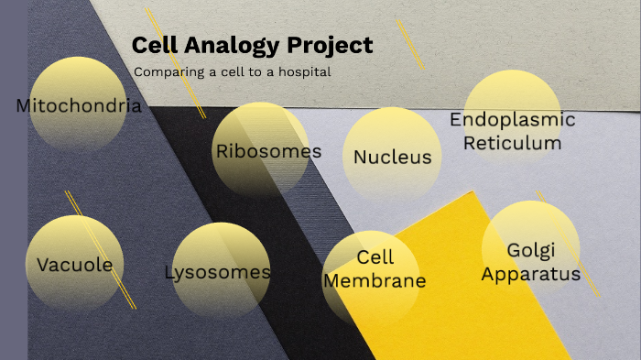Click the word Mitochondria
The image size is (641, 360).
click(x=79, y=105)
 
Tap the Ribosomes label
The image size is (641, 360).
click(x=268, y=151)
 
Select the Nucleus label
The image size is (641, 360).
click(x=392, y=157)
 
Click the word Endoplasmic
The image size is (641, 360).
click(x=512, y=120)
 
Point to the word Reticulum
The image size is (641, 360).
click(x=512, y=142)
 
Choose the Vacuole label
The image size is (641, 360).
click(x=74, y=266)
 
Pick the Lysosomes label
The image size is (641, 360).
click(x=217, y=272)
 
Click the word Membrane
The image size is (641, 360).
click(x=375, y=280)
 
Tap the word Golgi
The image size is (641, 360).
click(x=531, y=251)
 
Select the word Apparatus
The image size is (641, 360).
click(x=531, y=273)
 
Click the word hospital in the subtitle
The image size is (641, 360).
click(x=307, y=71)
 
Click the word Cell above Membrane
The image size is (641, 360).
click(x=375, y=258)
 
